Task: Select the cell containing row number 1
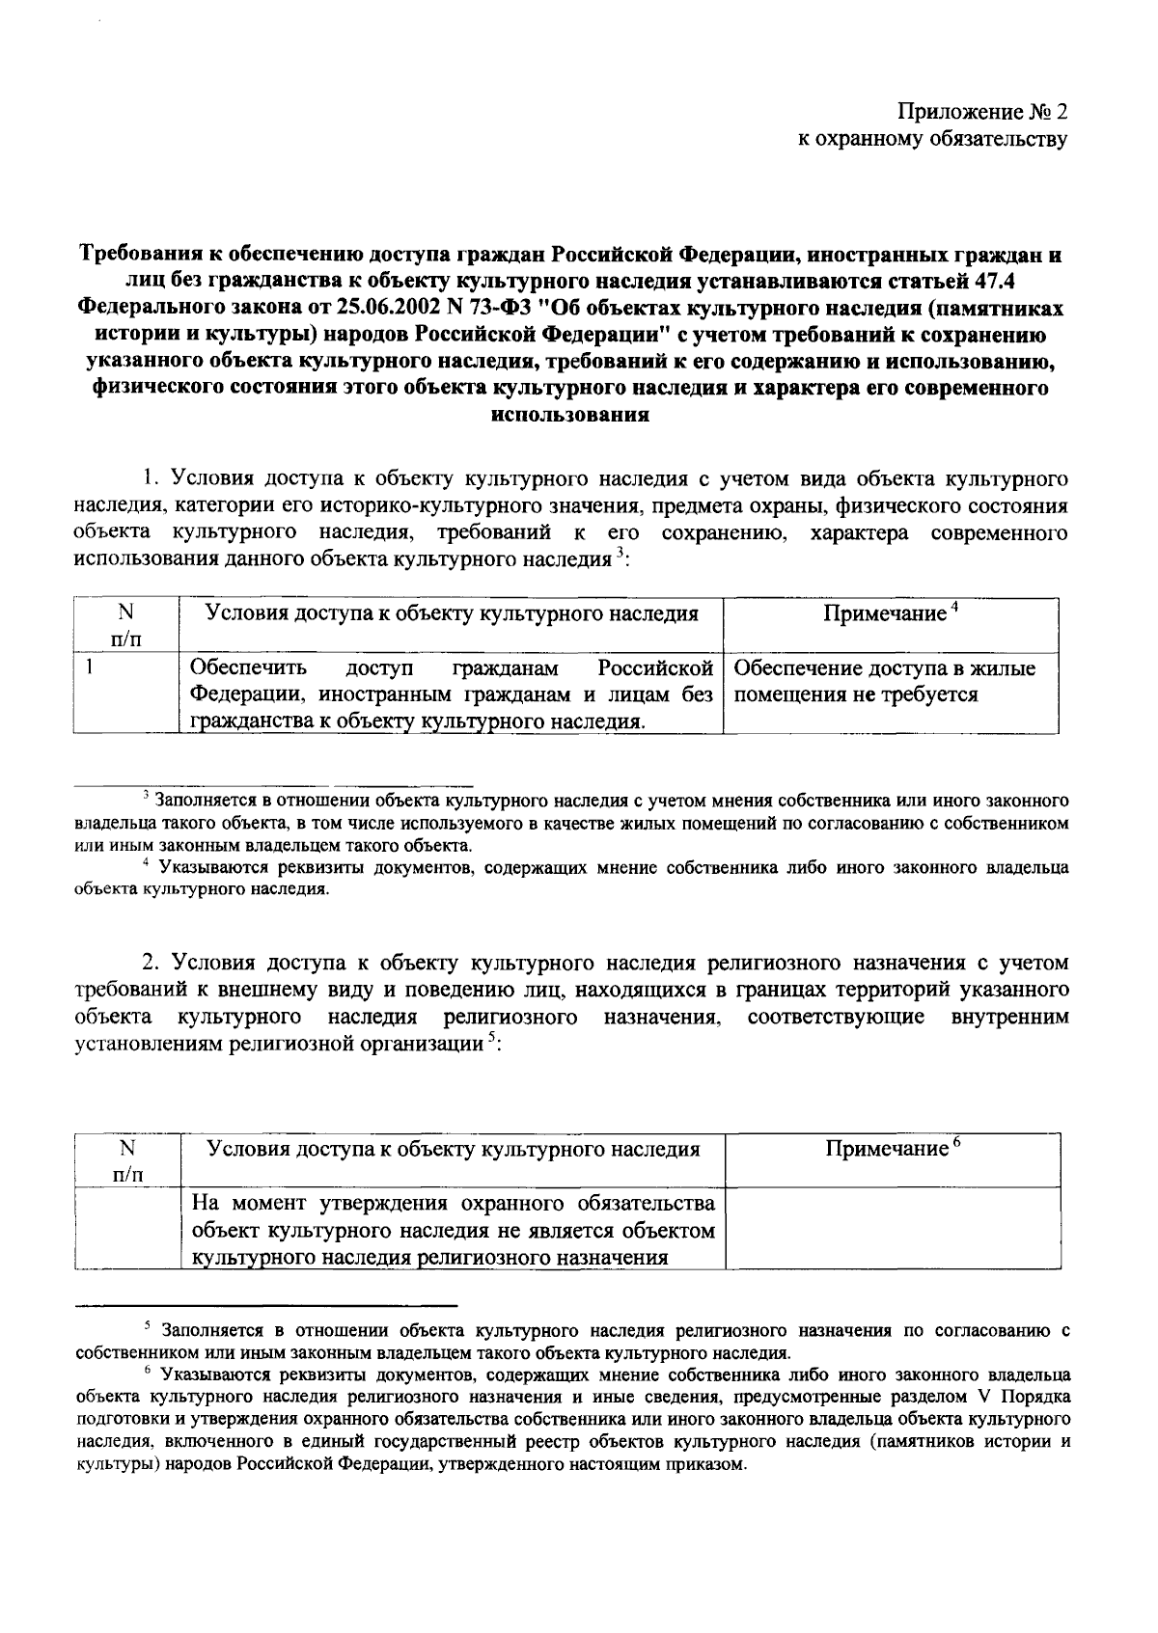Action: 125,694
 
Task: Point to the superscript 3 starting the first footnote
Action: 145,796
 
